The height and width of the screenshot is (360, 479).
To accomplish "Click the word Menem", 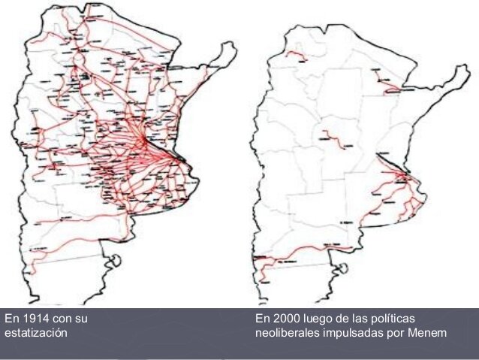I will coord(427,332).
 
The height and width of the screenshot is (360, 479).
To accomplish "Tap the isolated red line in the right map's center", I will coord(328,137).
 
